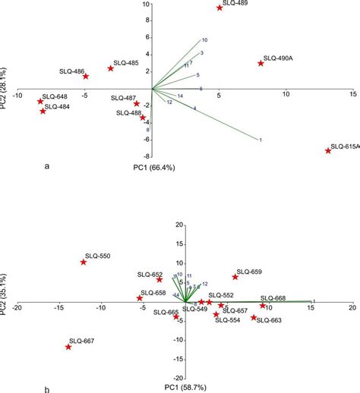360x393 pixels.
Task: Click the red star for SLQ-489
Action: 219,8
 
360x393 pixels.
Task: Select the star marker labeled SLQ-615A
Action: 328,151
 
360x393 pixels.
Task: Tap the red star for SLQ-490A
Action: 261,64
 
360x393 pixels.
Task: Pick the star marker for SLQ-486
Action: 86,77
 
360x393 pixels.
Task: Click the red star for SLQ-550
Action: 84,263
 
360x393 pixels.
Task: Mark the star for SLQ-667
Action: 68,347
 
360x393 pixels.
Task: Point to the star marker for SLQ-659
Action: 235,277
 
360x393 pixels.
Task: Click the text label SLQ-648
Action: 55,96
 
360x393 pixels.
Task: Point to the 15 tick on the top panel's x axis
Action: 352,95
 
